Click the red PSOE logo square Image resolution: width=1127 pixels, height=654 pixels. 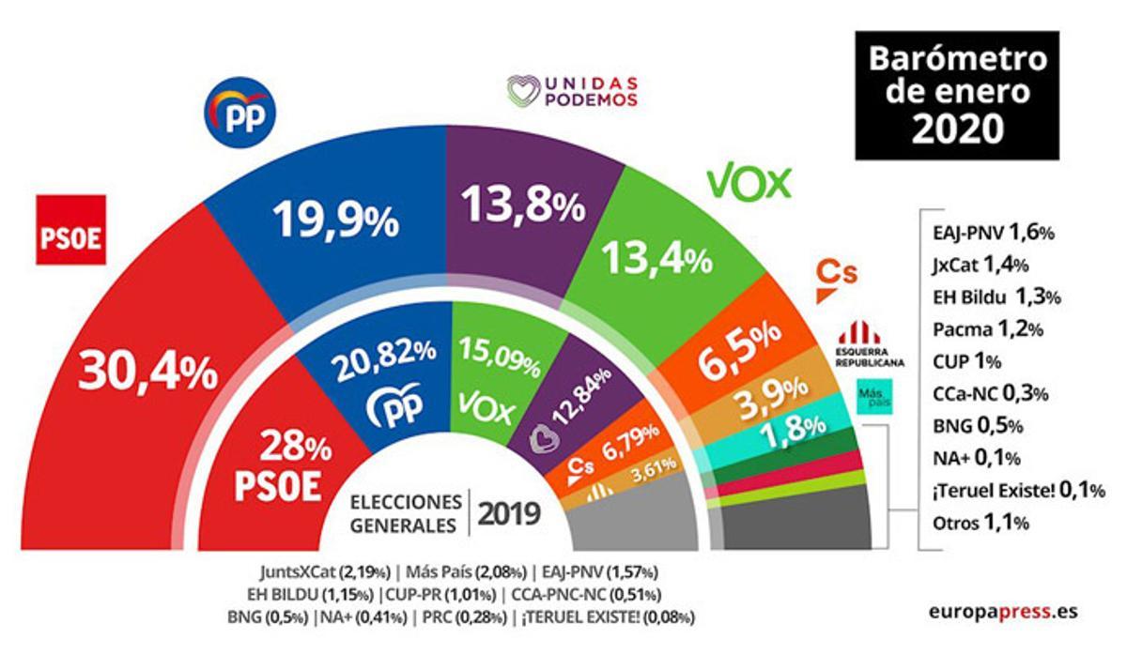click(x=69, y=231)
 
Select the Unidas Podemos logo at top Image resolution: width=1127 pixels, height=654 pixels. click(x=572, y=92)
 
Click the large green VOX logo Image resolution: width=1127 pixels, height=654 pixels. click(x=749, y=182)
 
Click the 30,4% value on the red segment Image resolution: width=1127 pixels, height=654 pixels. click(x=152, y=371)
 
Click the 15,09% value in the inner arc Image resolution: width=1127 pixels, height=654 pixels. click(x=498, y=357)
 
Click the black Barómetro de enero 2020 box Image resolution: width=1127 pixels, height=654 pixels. click(x=956, y=95)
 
